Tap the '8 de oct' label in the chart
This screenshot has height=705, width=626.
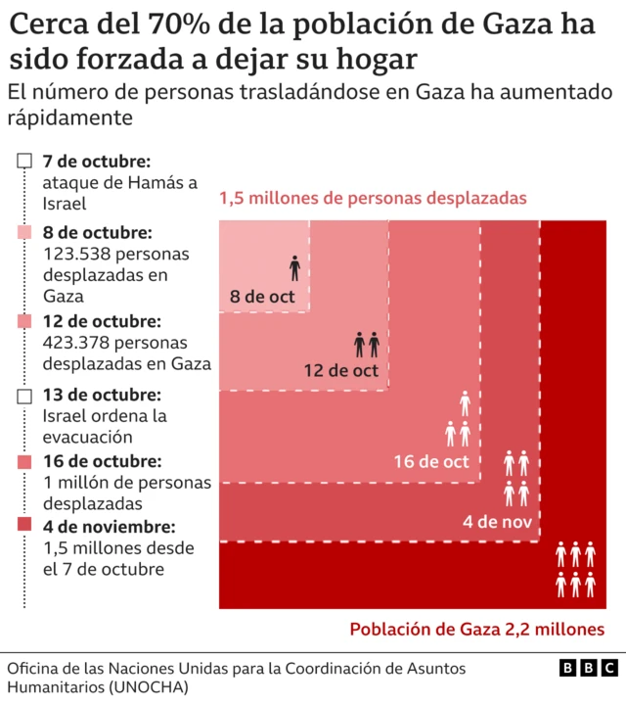coord(262,297)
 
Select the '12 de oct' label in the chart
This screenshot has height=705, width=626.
coord(340,371)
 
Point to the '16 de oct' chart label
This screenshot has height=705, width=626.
coord(431,461)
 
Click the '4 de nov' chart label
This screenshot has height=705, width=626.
coord(498,521)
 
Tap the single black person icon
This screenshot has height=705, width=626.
coord(295,267)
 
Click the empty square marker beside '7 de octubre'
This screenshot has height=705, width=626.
coord(25,161)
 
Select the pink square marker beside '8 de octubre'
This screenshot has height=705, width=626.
coord(25,233)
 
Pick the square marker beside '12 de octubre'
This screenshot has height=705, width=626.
coord(25,321)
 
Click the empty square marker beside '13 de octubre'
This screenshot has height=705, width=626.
coord(25,395)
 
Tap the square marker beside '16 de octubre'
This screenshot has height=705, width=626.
coord(25,461)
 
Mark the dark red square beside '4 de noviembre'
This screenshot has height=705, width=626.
coord(25,526)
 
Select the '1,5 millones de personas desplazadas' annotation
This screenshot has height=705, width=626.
coord(373,198)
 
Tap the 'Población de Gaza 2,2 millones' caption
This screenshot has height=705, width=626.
coord(476,630)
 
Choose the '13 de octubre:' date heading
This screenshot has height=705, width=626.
coord(102,395)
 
